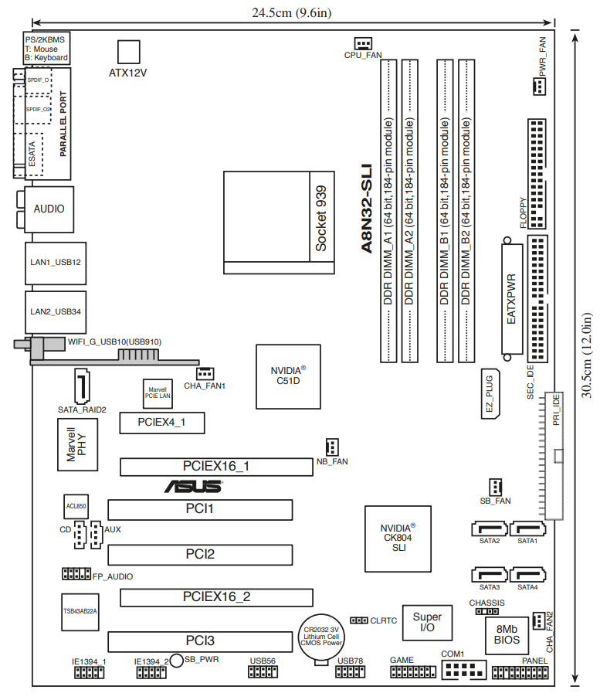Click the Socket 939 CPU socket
pos(279,223)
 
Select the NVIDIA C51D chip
pos(288,376)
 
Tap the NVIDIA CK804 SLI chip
pos(398,539)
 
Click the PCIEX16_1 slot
pos(216,467)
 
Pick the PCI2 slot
pos(200,555)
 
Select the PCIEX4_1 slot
pos(162,423)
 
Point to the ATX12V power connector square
pos(128,52)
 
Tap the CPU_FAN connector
pos(363,43)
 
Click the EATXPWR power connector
pos(512,299)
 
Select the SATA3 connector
pos(490,575)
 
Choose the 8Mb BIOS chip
pos(507,636)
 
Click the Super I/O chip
pos(427,623)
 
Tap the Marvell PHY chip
pos(78,444)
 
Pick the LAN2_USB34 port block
pos(56,312)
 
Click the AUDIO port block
pos(49,209)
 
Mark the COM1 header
pos(464,670)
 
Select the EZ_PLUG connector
pos(490,394)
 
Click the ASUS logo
pos(194,487)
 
